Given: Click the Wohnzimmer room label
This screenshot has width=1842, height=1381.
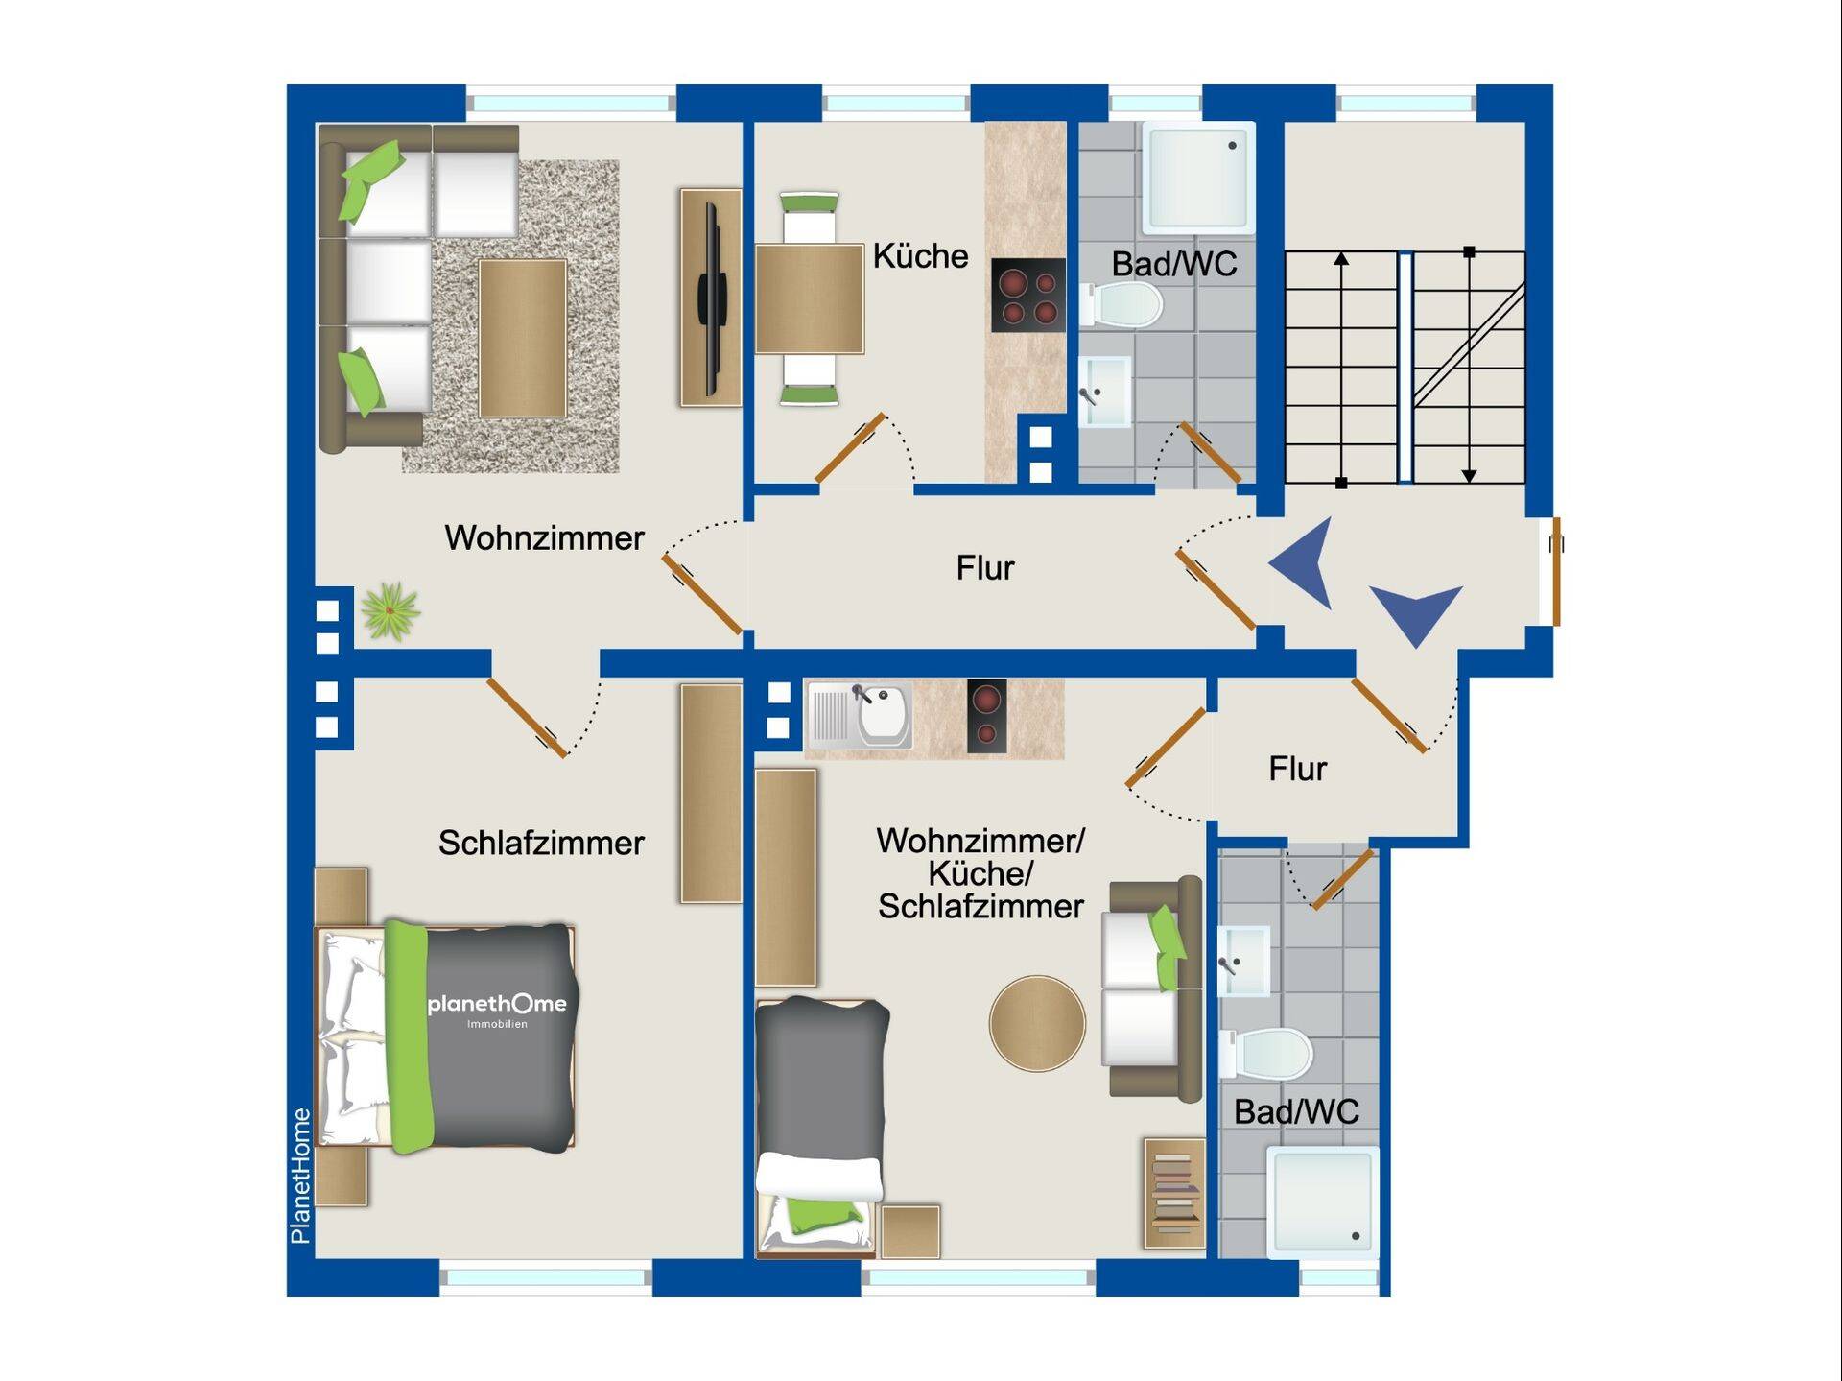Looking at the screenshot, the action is click(x=544, y=537).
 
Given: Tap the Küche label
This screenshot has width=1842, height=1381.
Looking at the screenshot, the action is click(x=920, y=256).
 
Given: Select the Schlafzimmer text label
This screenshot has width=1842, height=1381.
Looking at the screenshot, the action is click(x=541, y=843).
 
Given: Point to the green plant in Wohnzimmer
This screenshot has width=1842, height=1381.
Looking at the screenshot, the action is click(x=390, y=610).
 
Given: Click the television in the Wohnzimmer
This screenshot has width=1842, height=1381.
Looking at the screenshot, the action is click(x=711, y=298).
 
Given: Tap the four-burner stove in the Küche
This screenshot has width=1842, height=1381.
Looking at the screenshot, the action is click(x=1027, y=295).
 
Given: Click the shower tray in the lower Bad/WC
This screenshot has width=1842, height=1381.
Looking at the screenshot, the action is click(x=1323, y=1202).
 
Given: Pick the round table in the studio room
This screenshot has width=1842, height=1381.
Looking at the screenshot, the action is click(x=1037, y=1023).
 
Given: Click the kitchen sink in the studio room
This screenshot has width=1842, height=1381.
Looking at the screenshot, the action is click(x=859, y=715).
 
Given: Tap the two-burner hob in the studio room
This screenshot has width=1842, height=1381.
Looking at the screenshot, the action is click(x=986, y=715).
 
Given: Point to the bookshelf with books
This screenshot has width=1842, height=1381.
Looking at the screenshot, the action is click(x=1174, y=1193).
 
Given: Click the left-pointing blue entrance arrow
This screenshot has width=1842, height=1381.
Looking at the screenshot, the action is click(x=1306, y=563).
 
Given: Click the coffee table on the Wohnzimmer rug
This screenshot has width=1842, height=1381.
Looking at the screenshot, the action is click(x=523, y=338).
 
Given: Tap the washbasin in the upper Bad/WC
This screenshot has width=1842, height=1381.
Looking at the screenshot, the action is click(x=1105, y=392).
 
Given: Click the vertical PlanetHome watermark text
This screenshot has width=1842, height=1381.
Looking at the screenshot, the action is click(x=300, y=1176).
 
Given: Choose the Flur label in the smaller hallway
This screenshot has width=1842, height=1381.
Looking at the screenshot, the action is click(x=1297, y=769).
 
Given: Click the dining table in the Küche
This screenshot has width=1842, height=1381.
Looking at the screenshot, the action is click(x=810, y=299).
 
